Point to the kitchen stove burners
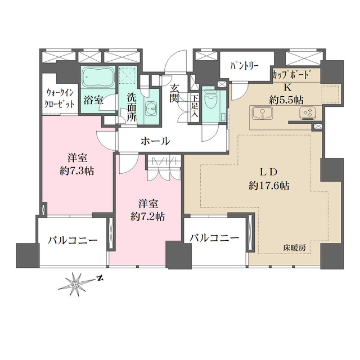[x=307, y=113]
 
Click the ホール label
[x=152, y=141]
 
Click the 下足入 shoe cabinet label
[x=195, y=106]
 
